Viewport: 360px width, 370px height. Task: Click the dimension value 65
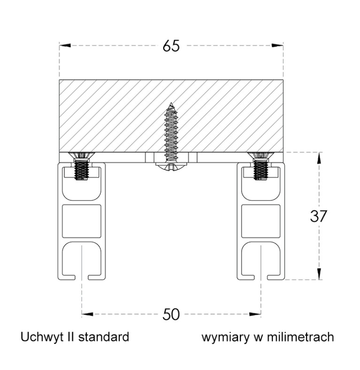(x=171, y=46)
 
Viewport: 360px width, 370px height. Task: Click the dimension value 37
(x=319, y=216)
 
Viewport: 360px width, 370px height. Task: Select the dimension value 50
(x=171, y=315)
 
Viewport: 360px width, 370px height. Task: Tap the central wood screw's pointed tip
(x=172, y=104)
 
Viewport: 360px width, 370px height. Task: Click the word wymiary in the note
(x=222, y=337)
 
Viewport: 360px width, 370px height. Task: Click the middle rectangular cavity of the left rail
(x=82, y=221)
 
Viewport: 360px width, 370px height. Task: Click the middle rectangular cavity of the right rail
(x=260, y=221)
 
